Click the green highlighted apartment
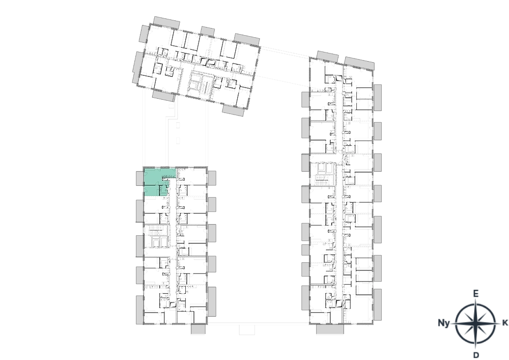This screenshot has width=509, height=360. point(154,182)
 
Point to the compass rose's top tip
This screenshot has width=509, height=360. point(476,291)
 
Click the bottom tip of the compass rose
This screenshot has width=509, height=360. point(476,356)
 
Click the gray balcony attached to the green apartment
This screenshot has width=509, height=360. point(139,179)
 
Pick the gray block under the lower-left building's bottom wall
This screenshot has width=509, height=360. point(196,329)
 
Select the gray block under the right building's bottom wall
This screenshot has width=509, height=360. point(330,329)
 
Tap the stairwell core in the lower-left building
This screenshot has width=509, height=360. point(157,236)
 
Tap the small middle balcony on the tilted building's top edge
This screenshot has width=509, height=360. point(207,31)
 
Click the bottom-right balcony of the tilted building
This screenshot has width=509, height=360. point(234,110)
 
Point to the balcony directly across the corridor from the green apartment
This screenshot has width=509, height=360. point(212,178)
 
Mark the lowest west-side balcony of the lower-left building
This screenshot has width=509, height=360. point(139,309)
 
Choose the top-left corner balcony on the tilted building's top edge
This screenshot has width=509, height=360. point(167,22)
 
